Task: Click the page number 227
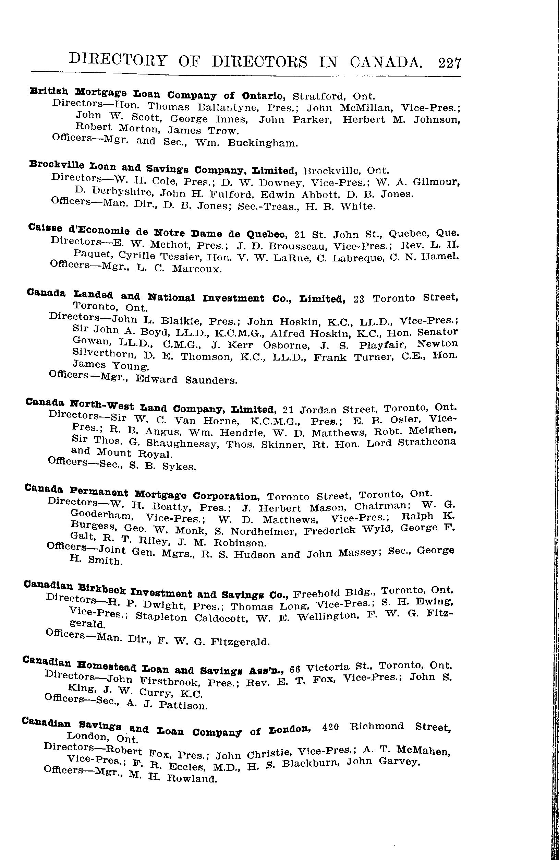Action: [450, 63]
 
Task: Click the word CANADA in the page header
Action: [386, 62]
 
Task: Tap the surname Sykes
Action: [179, 467]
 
